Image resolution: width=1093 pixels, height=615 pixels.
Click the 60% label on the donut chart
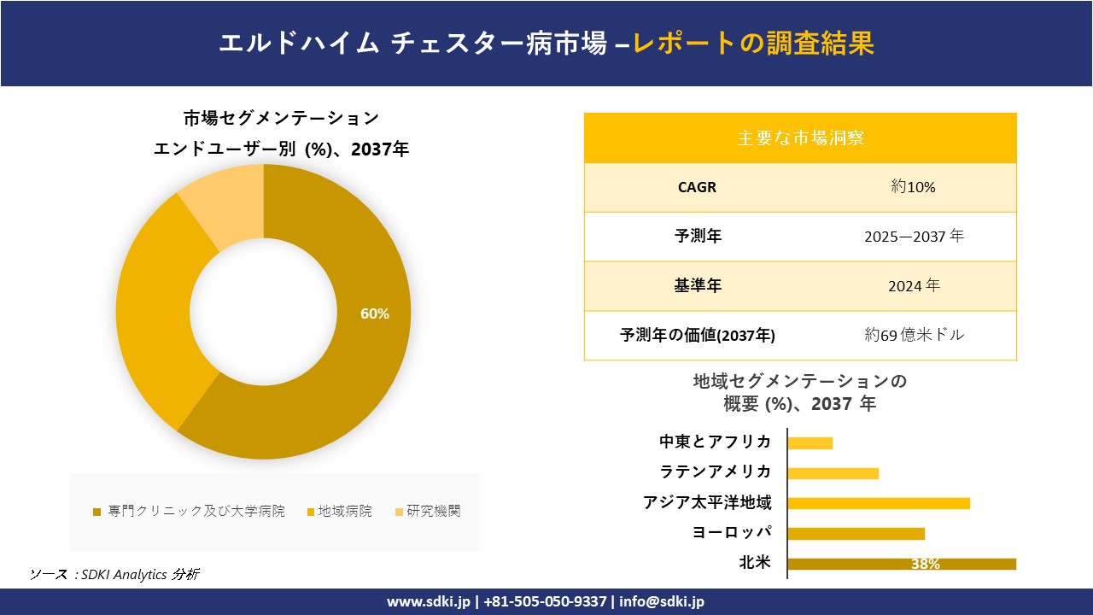pyautogui.click(x=374, y=313)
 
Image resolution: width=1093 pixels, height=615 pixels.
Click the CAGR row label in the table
pyautogui.click(x=697, y=187)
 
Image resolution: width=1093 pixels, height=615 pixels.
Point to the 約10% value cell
pyautogui.click(x=913, y=187)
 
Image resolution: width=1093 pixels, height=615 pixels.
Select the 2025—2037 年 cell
pyautogui.click(x=913, y=237)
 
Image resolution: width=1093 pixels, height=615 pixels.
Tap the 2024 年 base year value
pyautogui.click(x=913, y=286)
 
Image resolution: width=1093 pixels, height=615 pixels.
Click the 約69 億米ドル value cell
pyautogui.click(x=913, y=335)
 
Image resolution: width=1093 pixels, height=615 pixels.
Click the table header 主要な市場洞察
pyautogui.click(x=800, y=138)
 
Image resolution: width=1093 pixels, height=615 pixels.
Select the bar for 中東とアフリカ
pyautogui.click(x=810, y=442)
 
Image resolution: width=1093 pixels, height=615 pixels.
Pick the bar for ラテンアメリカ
pyautogui.click(x=833, y=473)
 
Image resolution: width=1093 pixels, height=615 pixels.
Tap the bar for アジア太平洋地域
pyautogui.click(x=878, y=503)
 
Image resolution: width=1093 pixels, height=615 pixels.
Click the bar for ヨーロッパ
pyautogui.click(x=856, y=534)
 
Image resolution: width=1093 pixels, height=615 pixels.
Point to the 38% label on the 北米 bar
pyautogui.click(x=925, y=564)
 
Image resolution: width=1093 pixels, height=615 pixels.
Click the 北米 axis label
pyautogui.click(x=755, y=563)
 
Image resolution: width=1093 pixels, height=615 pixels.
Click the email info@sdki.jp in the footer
pyautogui.click(x=662, y=601)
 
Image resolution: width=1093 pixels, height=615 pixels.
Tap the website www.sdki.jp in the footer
pyautogui.click(x=429, y=601)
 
